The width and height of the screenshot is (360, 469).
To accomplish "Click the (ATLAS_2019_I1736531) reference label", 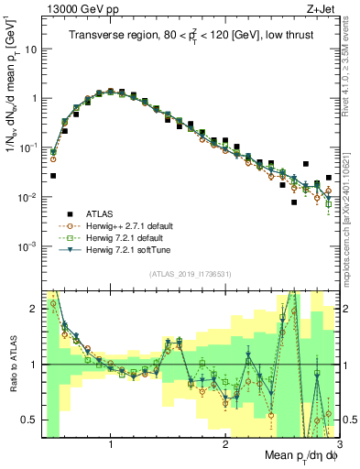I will [189, 274].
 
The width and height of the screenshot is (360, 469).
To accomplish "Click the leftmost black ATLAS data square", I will [53, 175].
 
